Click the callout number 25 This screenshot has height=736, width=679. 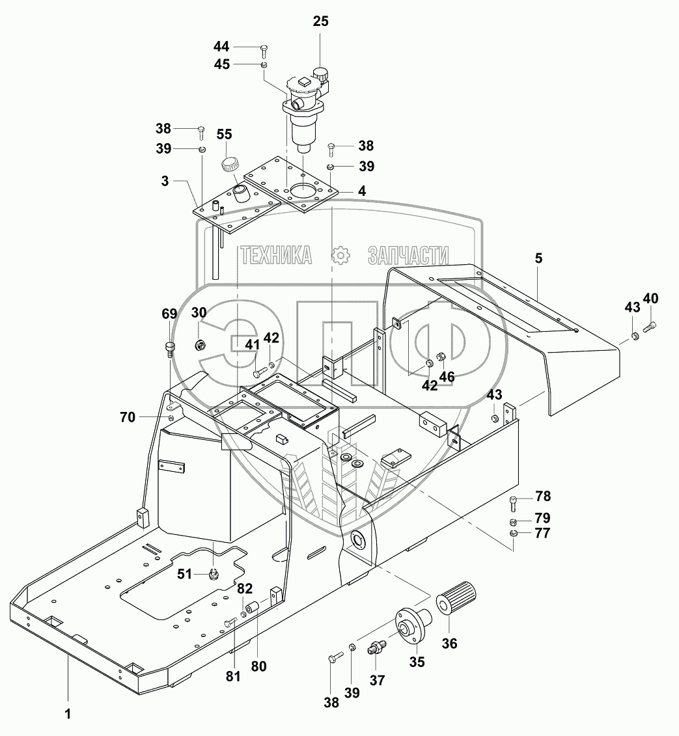coord(321,21)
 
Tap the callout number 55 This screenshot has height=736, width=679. coord(224,134)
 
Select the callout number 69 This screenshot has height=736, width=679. coord(169,314)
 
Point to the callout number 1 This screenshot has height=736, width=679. coord(68,714)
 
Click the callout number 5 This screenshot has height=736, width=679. coord(538,258)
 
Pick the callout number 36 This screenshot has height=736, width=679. coord(449,643)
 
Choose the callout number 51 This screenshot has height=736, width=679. coord(184,573)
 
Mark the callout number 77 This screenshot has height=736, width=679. coord(542,534)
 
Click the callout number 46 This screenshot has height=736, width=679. coord(447,376)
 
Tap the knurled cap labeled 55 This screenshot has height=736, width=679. coord(230,165)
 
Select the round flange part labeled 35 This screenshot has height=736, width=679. coord(413,623)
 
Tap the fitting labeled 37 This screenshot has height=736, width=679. coord(376,648)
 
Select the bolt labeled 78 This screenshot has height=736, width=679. coord(513,504)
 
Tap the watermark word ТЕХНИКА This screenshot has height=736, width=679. coord(277,255)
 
